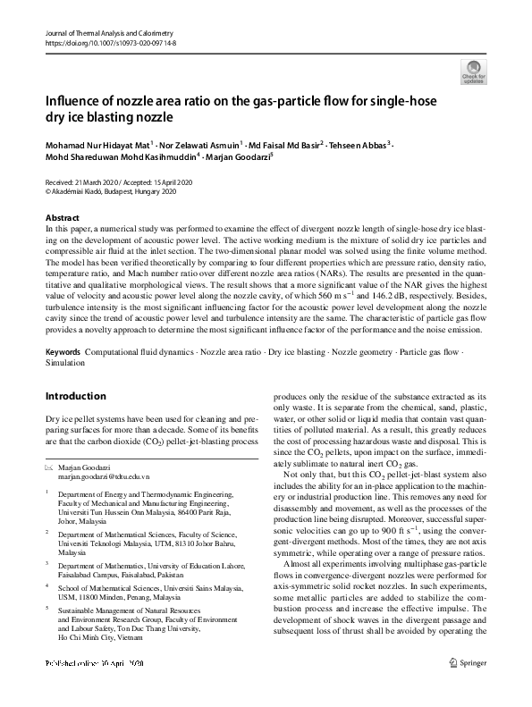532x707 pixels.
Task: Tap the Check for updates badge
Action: [473, 72]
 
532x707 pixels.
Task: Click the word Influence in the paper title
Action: [78, 101]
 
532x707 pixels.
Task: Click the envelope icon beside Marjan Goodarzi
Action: [50, 467]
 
